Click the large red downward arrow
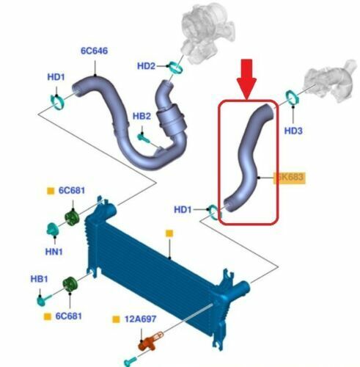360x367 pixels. pos(246,79)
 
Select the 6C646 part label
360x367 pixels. pos(95,51)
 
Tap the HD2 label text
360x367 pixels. pos(146,66)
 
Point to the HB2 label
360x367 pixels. pos(142,116)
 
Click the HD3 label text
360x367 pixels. pos(293,131)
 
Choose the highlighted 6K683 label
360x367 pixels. pos(290,177)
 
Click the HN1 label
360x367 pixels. pos(54,252)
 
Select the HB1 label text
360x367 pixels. pos(39,279)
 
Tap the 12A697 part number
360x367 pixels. pos(140,319)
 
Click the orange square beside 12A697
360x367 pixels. pos(116,319)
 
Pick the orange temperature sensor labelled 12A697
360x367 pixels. pos(149,341)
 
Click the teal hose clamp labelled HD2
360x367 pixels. pos(176,68)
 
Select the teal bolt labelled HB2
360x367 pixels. pos(144,138)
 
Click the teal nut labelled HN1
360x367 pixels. pos(52,229)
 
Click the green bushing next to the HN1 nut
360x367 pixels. pos(72,217)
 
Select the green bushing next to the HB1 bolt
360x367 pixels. pos(70,284)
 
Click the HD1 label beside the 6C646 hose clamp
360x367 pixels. pos(56,77)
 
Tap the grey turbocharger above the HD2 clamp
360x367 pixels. pos(207,32)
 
